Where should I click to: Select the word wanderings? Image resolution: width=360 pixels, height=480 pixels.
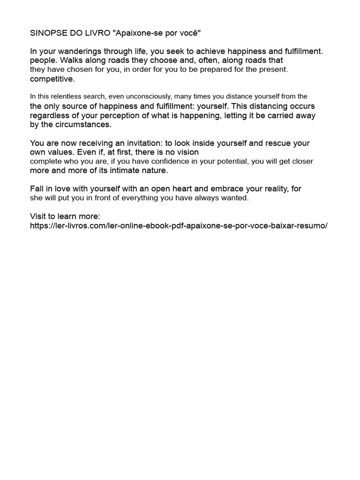pyautogui.click(x=76, y=52)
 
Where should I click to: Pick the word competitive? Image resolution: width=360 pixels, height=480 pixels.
pyautogui.click(x=52, y=79)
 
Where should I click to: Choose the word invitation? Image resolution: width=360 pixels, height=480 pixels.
pyautogui.click(x=141, y=143)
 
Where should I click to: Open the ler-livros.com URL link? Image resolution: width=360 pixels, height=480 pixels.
pyautogui.click(x=179, y=225)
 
